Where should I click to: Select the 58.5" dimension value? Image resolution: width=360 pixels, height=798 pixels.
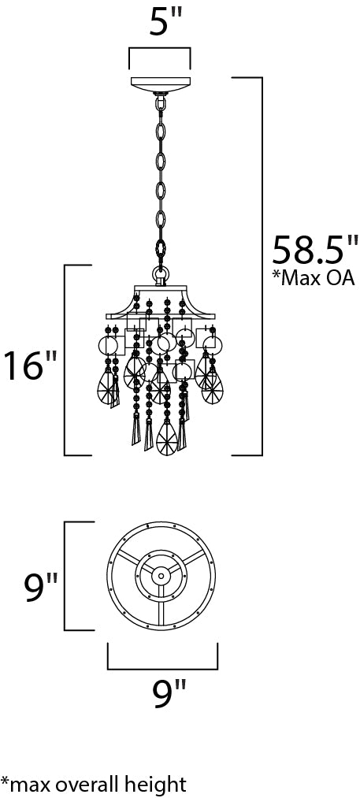pos(314,249)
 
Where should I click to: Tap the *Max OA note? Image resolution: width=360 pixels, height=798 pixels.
pos(314,278)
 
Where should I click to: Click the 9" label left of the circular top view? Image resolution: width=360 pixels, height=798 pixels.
pos(42,588)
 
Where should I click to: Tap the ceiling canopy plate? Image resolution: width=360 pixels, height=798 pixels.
pos(161,84)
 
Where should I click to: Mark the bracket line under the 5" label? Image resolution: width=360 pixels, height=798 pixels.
pos(159,49)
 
